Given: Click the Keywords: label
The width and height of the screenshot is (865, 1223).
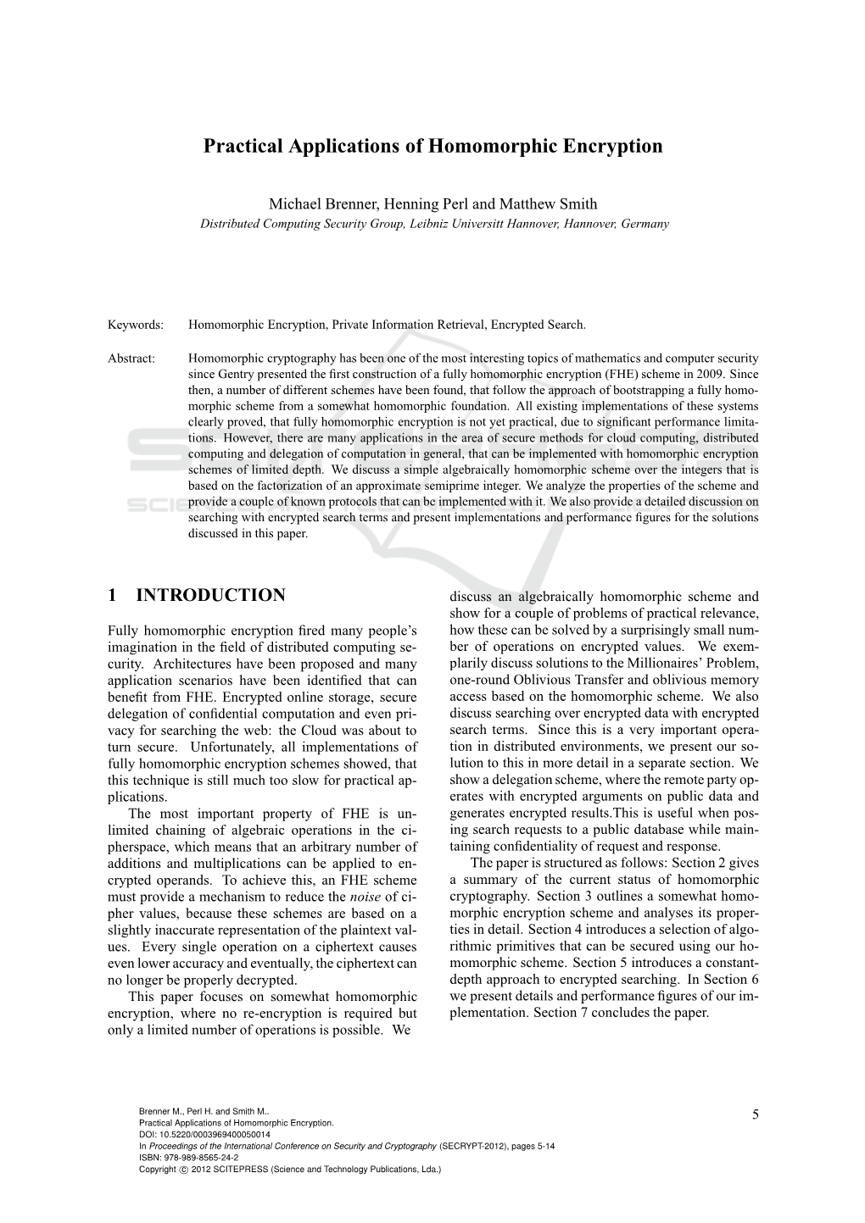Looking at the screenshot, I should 136,325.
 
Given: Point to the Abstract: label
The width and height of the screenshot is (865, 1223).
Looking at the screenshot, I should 132,359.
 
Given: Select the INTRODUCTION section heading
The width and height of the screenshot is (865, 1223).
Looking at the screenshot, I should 210,595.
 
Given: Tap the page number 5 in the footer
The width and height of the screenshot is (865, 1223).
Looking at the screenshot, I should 755,1114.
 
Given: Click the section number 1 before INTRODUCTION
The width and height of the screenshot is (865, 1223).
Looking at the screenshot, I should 113,595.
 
